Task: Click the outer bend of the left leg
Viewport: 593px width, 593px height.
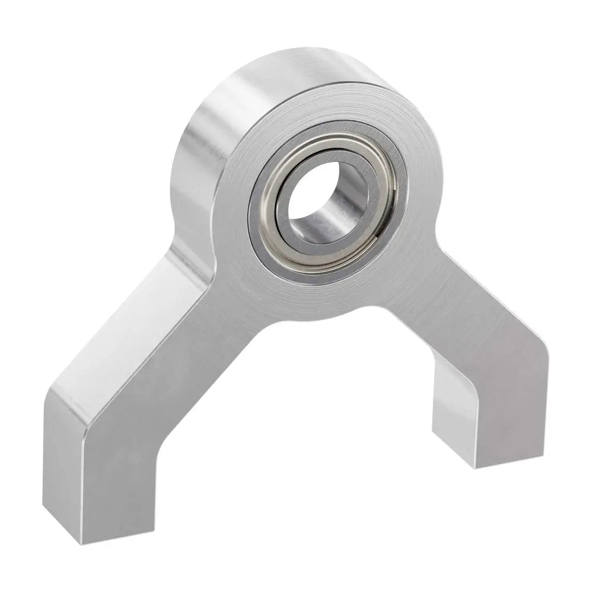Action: click(65, 394)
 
